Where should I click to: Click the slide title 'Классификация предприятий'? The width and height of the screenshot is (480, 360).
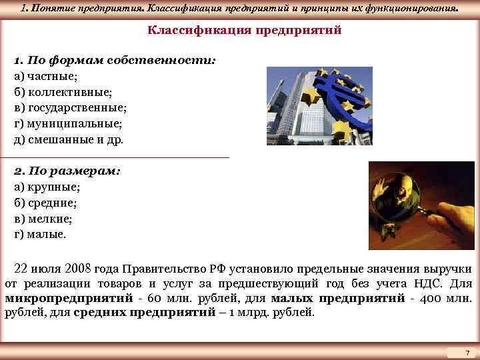[244, 31]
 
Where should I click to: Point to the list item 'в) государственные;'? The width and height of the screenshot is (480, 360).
[70, 108]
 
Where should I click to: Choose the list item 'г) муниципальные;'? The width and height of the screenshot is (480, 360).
[67, 124]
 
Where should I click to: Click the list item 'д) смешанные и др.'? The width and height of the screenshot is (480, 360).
[69, 140]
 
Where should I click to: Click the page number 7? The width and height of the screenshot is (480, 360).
[467, 351]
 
